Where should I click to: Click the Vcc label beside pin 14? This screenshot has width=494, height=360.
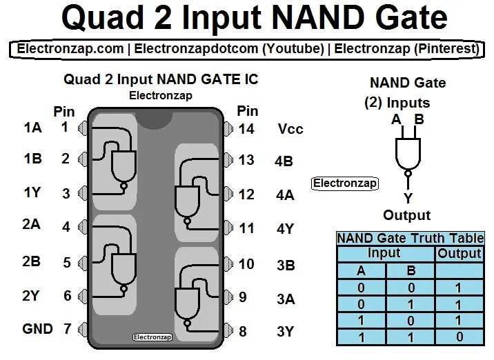coord(290,129)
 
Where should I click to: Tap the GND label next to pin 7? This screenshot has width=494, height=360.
coord(37,329)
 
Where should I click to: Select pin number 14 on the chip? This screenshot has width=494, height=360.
coord(246,129)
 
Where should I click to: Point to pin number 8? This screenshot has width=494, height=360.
coord(243,332)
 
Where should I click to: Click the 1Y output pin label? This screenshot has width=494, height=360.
coord(32,193)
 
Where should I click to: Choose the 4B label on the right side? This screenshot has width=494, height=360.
coord(284,161)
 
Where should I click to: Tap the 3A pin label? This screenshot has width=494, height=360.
coord(286,299)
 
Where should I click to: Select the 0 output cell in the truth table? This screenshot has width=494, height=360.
coord(459,337)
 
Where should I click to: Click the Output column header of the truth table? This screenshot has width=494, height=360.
coord(460,254)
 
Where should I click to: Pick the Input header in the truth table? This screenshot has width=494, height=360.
coord(384,254)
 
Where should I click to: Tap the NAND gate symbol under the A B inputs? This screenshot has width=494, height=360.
coord(408,152)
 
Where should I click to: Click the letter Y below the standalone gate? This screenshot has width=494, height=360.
coord(408,198)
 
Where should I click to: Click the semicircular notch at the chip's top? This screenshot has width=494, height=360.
coord(155,118)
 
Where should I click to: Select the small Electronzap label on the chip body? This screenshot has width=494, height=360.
coord(151,337)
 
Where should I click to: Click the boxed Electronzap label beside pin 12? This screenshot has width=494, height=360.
coord(345,183)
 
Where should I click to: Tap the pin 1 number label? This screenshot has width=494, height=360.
coord(65,127)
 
